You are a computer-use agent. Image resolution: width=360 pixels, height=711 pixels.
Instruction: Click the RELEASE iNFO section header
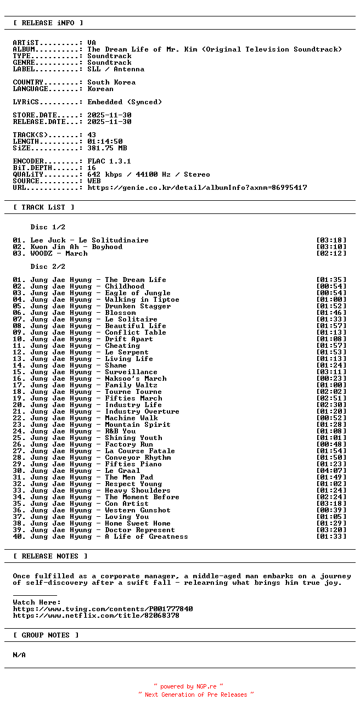tap(48, 23)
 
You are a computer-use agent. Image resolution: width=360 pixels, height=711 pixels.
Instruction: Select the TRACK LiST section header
tap(44, 207)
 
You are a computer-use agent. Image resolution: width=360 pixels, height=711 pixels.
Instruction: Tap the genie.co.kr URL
tap(197, 188)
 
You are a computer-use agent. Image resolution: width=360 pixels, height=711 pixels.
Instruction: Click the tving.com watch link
tap(103, 609)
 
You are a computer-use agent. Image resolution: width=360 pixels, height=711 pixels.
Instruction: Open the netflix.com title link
tap(96, 616)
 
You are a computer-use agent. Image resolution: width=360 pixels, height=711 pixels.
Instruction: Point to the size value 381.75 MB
tap(107, 148)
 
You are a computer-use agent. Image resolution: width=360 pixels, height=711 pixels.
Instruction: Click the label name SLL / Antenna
tap(116, 69)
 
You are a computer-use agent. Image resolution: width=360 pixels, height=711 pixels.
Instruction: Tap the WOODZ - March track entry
tap(59, 253)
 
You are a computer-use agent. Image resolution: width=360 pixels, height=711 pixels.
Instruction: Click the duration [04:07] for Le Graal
tap(331, 471)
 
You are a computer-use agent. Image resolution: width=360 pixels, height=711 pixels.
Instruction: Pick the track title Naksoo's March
tap(136, 379)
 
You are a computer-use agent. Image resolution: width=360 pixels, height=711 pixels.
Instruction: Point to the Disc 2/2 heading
tap(48, 267)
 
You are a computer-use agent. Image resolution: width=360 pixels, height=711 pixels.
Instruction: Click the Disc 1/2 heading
tap(48, 227)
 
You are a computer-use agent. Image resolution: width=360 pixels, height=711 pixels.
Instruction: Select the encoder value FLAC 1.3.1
tap(109, 161)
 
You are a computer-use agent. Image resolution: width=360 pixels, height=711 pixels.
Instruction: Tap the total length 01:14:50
tap(105, 142)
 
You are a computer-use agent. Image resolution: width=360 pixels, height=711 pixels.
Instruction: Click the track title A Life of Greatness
tap(147, 537)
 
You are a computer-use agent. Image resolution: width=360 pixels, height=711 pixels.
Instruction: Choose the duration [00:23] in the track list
tap(331, 379)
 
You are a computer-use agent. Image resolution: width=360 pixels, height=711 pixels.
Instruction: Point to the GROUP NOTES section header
tap(46, 635)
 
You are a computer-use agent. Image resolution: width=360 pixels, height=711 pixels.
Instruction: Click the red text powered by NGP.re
tap(188, 686)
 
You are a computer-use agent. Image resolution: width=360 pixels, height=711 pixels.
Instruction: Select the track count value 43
tap(92, 135)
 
